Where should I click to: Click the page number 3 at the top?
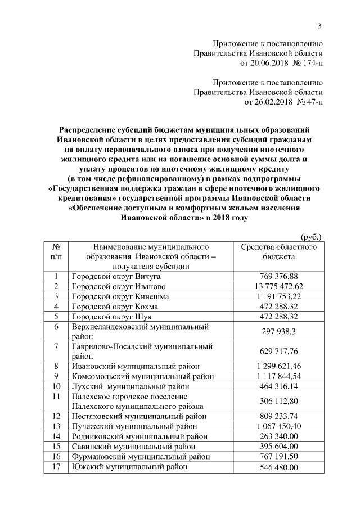tap(319, 25)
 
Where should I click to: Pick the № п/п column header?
tap(56, 251)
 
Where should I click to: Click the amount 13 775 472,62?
tap(278, 286)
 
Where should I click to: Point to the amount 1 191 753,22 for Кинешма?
tap(278, 296)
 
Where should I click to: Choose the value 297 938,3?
tap(278, 332)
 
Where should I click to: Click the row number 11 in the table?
tap(56, 397)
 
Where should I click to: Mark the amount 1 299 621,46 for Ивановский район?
tap(278, 367)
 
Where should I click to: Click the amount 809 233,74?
tap(278, 417)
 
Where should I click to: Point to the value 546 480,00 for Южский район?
tap(278, 468)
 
